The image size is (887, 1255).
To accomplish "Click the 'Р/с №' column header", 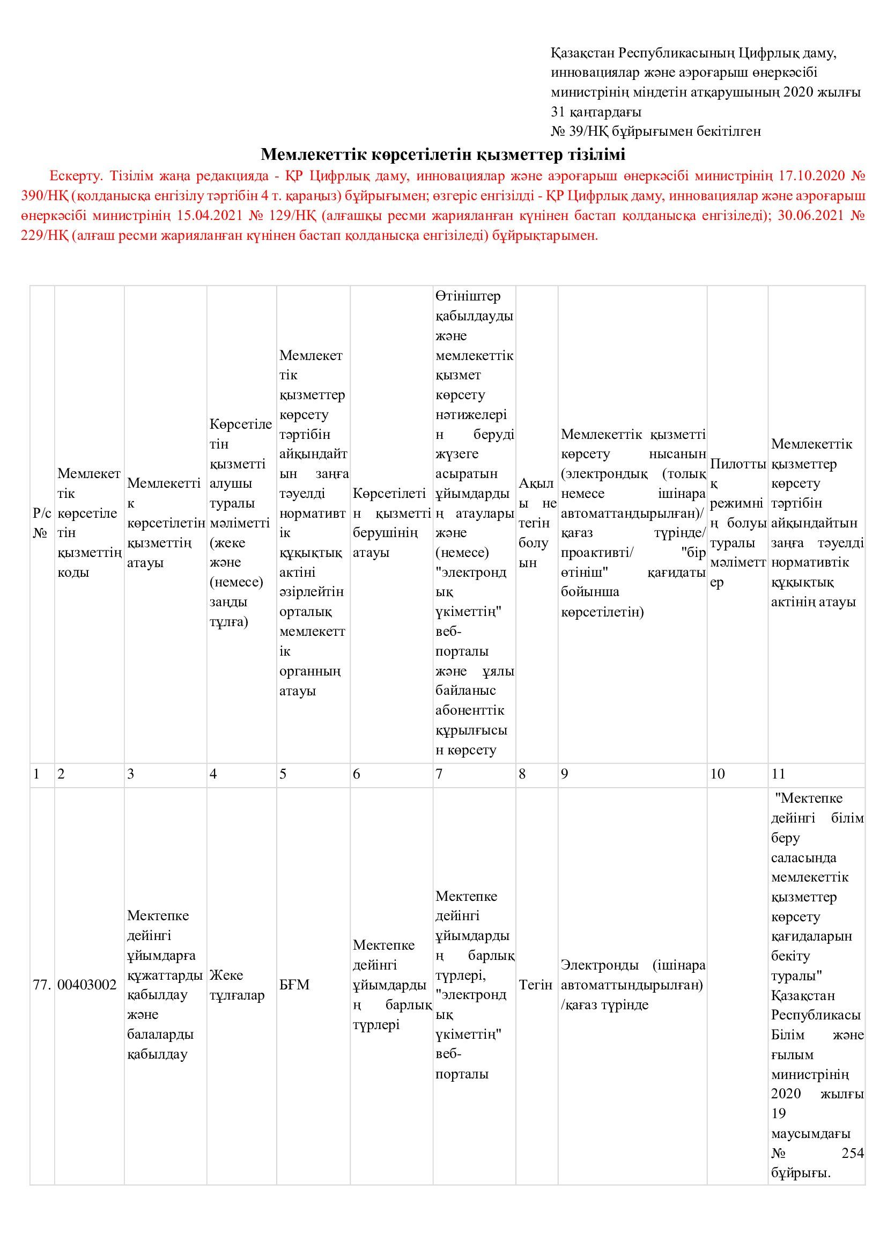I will click(42, 523).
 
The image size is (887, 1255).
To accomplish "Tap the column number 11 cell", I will click(778, 774).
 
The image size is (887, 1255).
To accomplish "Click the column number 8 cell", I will click(522, 774).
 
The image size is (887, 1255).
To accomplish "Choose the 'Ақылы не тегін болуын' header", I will click(536, 523).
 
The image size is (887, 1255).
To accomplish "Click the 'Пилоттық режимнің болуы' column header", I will click(737, 523).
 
